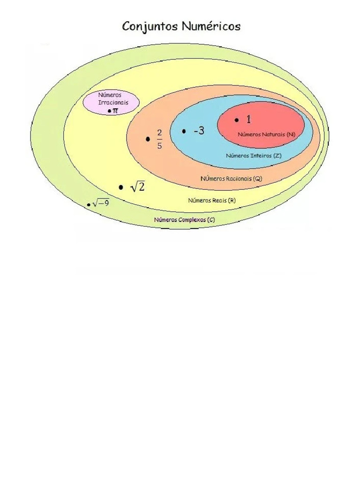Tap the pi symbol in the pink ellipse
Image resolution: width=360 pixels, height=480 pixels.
coord(115,111)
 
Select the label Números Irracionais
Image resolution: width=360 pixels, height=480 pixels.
coord(112,98)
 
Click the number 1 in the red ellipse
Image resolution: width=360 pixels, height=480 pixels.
coord(248,120)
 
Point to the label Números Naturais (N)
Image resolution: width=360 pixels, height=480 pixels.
coord(267,134)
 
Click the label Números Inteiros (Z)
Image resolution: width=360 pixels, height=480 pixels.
coord(254,155)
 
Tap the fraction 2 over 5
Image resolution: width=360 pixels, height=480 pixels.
coord(159,139)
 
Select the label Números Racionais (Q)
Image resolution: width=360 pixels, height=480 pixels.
coord(232,179)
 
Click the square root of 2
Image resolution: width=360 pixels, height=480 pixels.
coord(137,187)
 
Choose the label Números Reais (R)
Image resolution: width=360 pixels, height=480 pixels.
coord(212,200)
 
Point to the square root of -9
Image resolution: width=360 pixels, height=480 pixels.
coord(101,203)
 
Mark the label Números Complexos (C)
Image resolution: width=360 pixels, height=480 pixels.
coord(185,219)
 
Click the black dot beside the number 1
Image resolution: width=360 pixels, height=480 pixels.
coord(237,120)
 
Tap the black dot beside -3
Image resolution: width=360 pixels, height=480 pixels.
coord(184,131)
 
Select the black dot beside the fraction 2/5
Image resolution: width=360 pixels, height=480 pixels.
coord(148,139)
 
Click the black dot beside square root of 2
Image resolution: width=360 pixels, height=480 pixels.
coord(121,187)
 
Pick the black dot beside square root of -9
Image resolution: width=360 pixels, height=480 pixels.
coord(89,205)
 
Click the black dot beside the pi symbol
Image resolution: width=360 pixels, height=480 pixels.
coord(109,111)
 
